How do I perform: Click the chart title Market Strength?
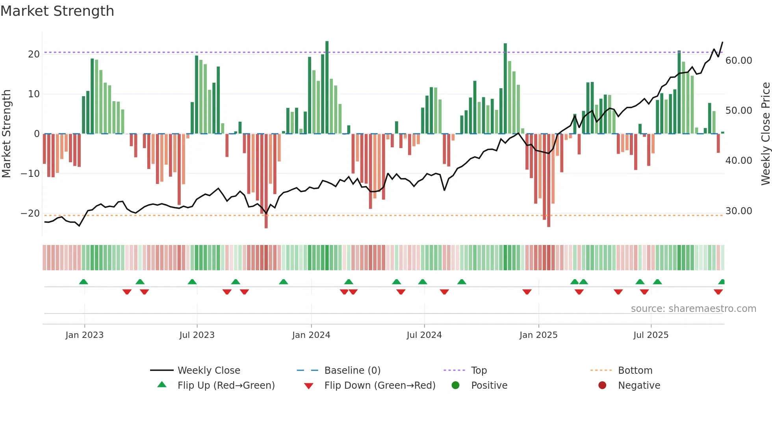coord(57,11)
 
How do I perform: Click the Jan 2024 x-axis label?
coord(311,335)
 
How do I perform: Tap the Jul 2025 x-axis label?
coord(651,335)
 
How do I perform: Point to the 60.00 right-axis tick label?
coord(739,61)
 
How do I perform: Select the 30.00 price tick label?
coord(739,211)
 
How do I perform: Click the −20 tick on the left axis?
coord(30,213)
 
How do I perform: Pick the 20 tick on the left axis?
coord(34,54)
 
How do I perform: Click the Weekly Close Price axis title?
coord(765,134)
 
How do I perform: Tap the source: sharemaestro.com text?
coord(693,309)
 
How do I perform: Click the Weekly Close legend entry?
coord(208,371)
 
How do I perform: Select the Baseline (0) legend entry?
coord(352,371)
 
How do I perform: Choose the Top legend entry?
coord(479,371)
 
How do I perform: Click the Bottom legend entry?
coord(635,371)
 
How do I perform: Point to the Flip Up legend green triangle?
coord(162,385)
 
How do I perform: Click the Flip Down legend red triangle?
coord(309,386)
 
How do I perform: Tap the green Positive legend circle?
coord(455,386)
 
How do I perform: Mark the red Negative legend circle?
coord(602,386)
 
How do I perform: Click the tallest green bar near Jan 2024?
coord(327,87)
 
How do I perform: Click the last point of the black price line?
coord(722,42)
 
